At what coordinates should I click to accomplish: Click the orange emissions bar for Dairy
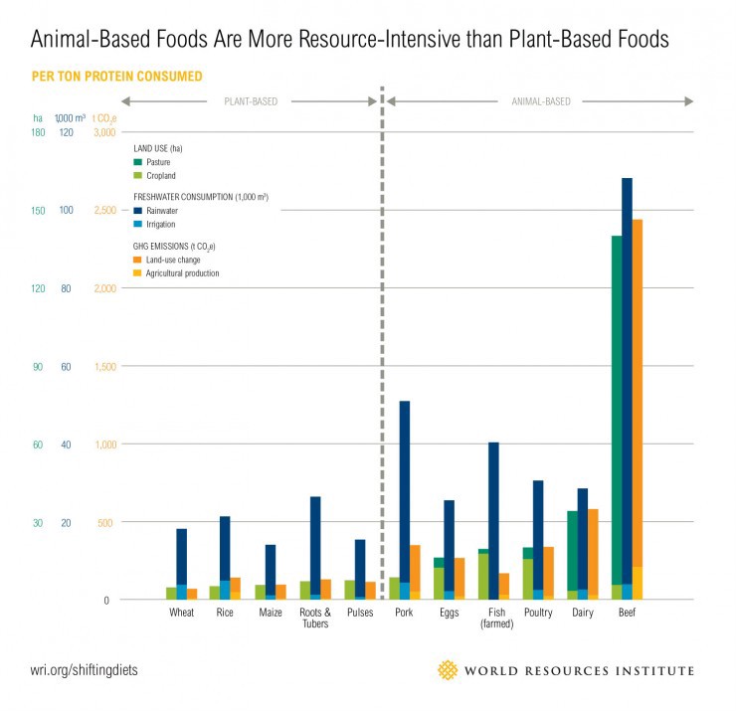(x=593, y=552)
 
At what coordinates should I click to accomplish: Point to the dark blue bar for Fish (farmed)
(x=493, y=517)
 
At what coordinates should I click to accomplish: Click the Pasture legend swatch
(x=138, y=161)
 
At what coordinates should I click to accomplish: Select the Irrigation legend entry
(x=161, y=224)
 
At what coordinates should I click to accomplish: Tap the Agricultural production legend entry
(x=183, y=272)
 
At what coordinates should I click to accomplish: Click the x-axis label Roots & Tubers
(x=315, y=619)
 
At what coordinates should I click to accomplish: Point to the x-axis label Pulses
(x=360, y=613)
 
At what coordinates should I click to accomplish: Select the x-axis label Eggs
(x=449, y=613)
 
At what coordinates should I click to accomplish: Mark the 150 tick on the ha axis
(x=39, y=211)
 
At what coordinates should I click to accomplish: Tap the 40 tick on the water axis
(x=67, y=444)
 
